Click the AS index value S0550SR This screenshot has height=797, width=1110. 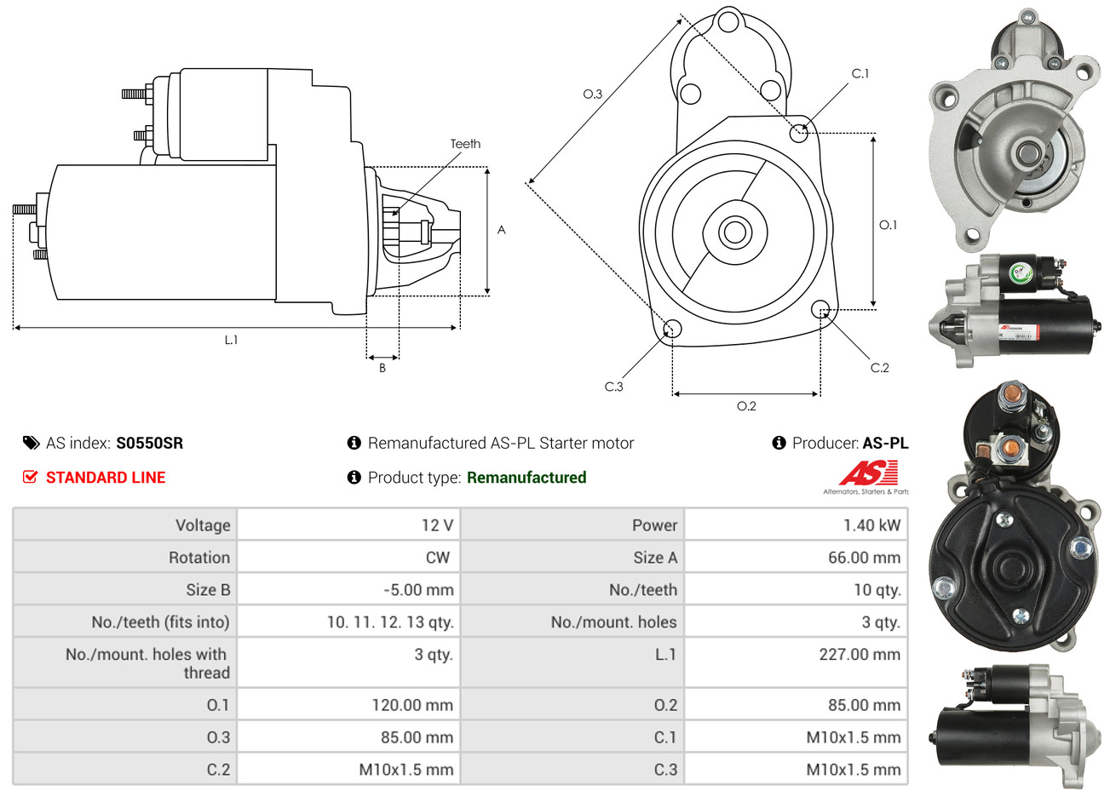[149, 444]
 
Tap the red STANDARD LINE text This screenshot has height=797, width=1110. [105, 478]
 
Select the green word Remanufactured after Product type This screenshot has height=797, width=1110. [526, 478]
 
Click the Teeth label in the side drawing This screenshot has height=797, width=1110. [465, 144]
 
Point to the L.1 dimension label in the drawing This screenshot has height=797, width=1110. [231, 340]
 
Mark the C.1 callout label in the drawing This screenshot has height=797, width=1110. [860, 74]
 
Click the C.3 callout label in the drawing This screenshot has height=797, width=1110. [613, 387]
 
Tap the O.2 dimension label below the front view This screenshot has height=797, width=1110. [746, 406]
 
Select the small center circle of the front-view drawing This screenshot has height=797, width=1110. [733, 232]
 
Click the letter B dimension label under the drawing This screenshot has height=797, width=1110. [382, 368]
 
